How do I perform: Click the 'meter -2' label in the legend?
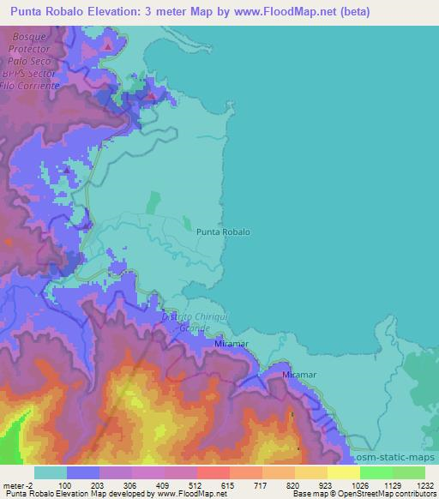[x=18, y=485]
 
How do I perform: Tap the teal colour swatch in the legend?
[x=51, y=472]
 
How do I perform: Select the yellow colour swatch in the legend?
[x=344, y=472]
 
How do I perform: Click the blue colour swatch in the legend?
[x=83, y=472]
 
